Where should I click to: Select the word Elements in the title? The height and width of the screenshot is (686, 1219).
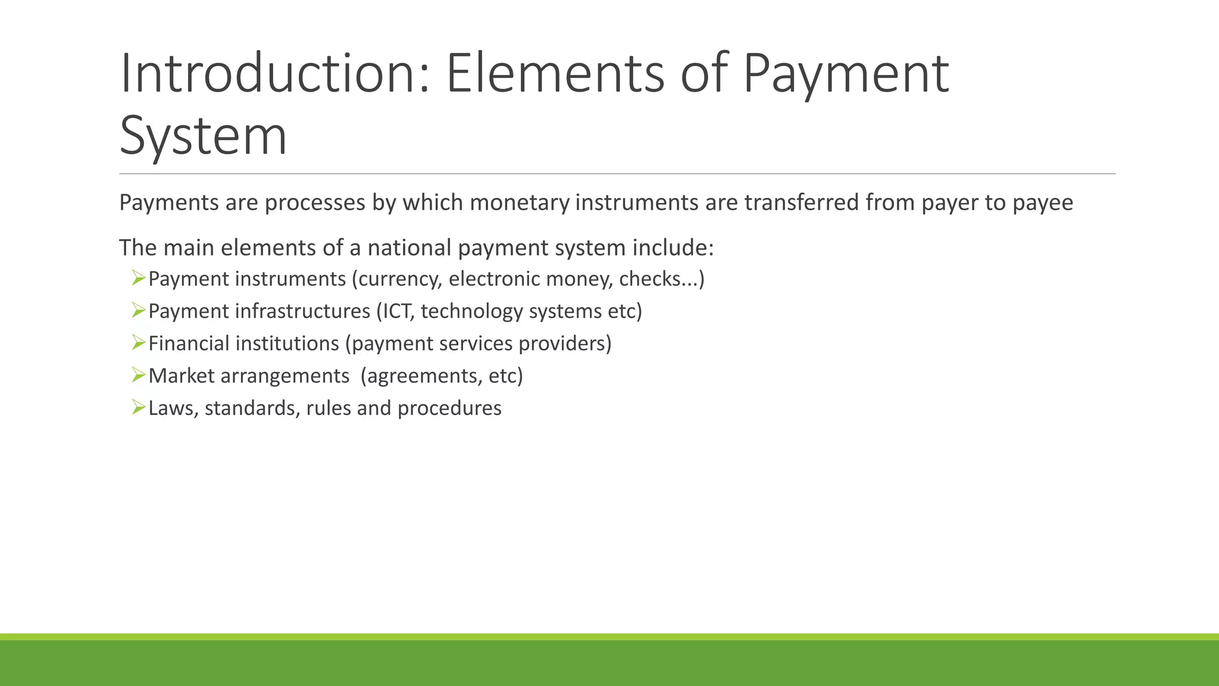pyautogui.click(x=555, y=74)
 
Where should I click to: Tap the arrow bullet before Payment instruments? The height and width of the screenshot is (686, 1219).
pyautogui.click(x=139, y=278)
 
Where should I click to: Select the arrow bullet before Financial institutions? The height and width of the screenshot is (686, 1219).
pyautogui.click(x=139, y=342)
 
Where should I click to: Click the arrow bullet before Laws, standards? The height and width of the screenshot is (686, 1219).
pyautogui.click(x=139, y=407)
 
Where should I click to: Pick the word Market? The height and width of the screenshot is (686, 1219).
pyautogui.click(x=181, y=376)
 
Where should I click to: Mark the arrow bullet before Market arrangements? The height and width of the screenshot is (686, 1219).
pyautogui.click(x=139, y=375)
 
